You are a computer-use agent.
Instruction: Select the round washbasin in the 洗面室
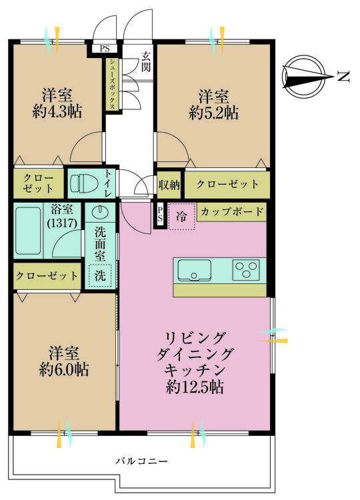tap(99, 213)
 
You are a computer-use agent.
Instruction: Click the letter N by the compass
tap(343, 77)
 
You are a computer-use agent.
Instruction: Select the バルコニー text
tap(141, 461)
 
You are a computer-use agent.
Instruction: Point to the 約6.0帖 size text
tap(65, 369)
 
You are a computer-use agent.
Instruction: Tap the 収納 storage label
tap(169, 184)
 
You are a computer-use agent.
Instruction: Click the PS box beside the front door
tap(105, 49)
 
